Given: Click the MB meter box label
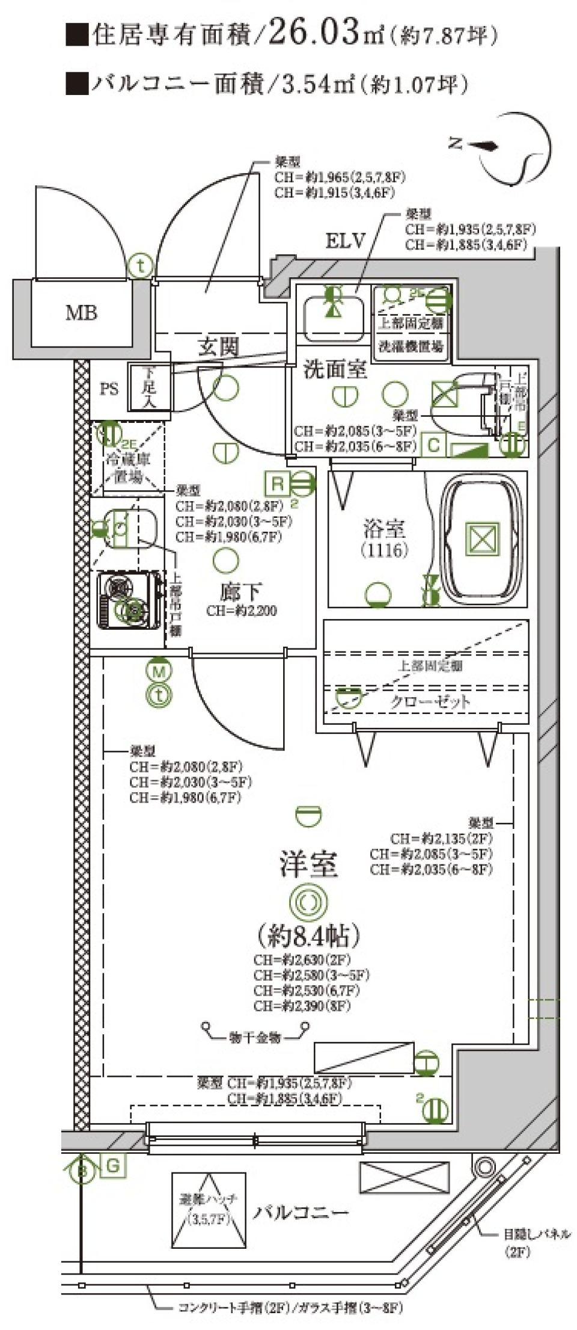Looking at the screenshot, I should [x=81, y=313].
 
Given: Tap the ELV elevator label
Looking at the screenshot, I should [x=346, y=241].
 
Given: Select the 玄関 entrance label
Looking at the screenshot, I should [x=219, y=346].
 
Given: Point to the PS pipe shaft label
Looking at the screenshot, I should [x=109, y=389].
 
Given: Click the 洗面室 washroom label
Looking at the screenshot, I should [x=335, y=369].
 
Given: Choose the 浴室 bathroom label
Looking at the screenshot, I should [x=384, y=529].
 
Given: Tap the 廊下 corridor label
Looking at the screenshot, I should [x=240, y=592].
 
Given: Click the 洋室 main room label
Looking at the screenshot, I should [x=308, y=864].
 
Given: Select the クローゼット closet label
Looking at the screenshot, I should [x=430, y=701].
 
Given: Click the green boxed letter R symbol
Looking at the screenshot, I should [x=277, y=483].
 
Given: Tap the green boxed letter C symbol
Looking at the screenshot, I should [x=433, y=446].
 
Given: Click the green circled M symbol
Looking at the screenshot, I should [x=159, y=670].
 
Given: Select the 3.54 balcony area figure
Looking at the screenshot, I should [x=306, y=84].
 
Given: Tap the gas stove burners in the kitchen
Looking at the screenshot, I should [x=127, y=599].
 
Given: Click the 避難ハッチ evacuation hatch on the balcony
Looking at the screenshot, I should [x=208, y=1210].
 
